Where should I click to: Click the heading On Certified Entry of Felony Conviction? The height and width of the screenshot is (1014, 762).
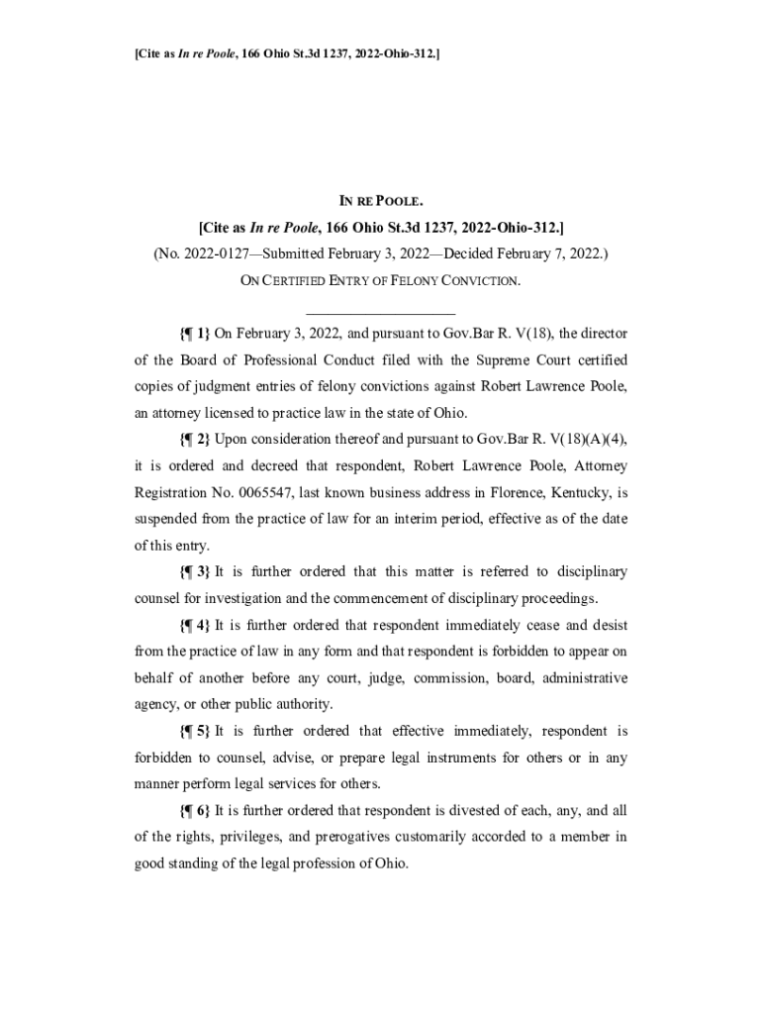coord(380,280)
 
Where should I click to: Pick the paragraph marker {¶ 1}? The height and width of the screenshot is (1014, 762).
coord(194,334)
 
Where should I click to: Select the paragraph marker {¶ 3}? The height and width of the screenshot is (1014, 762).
coord(194,572)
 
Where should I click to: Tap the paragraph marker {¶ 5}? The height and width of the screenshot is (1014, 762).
coord(194,732)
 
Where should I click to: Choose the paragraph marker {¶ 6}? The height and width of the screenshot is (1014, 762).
coord(194,811)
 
